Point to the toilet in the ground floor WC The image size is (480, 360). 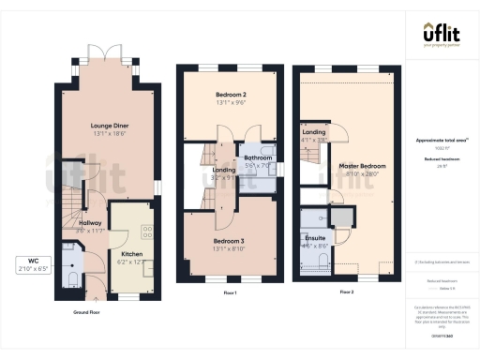pyautogui.click(x=72, y=277)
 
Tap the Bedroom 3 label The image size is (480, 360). pyautogui.click(x=230, y=245)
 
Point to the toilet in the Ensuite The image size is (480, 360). pyautogui.click(x=321, y=259)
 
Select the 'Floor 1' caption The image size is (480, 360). pyautogui.click(x=229, y=292)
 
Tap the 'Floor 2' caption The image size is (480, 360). pyautogui.click(x=346, y=292)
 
